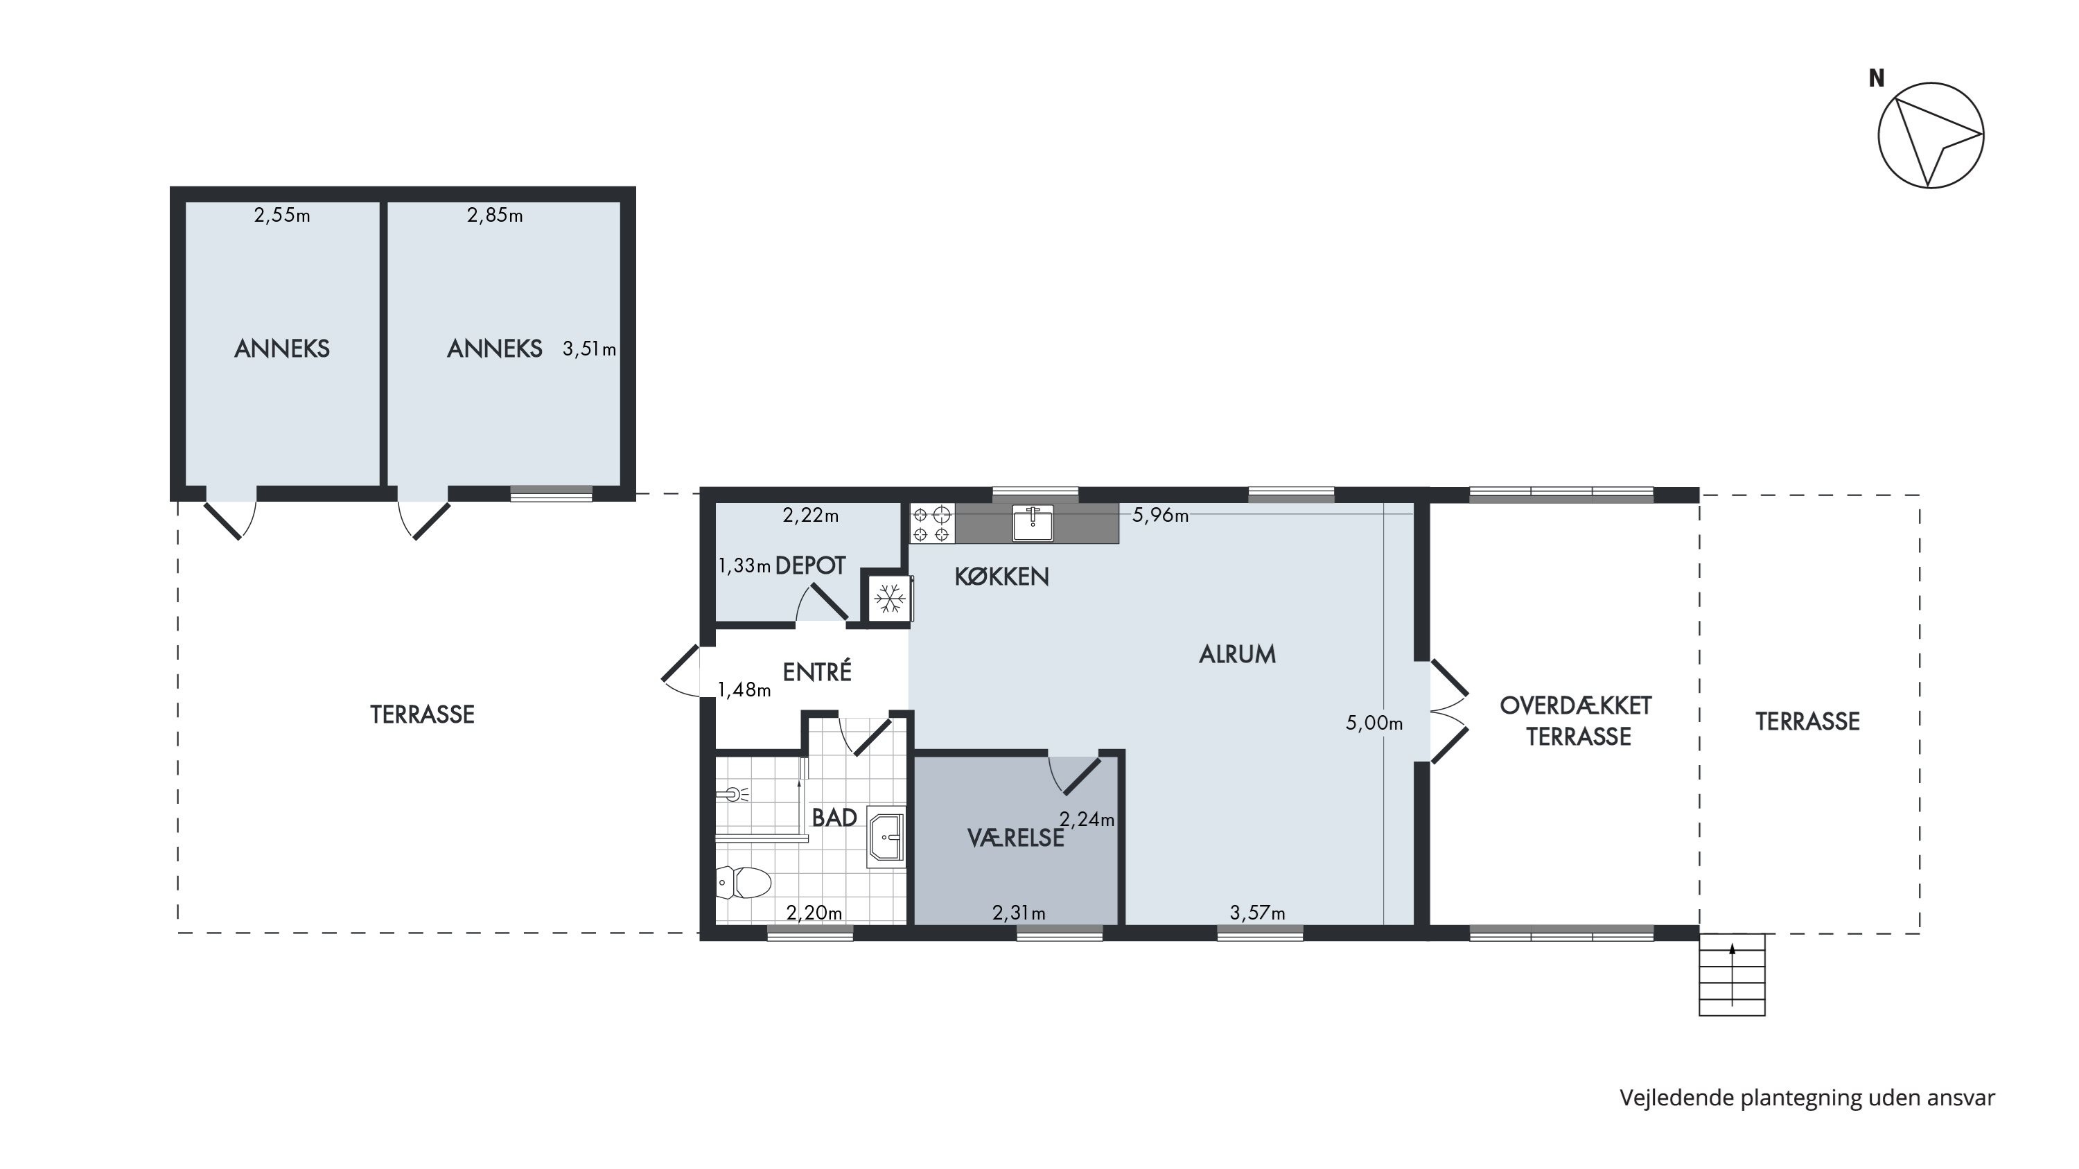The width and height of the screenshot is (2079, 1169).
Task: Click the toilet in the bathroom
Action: (744, 883)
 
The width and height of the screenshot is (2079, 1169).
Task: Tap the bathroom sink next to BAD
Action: (886, 836)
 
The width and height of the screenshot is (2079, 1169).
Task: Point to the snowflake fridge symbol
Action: (889, 599)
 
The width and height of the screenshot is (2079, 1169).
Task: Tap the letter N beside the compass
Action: (1877, 78)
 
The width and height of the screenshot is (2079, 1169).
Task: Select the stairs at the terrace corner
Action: (1732, 974)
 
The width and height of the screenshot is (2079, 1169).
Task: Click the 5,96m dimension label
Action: (1160, 516)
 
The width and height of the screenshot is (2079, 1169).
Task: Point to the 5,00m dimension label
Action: (1374, 723)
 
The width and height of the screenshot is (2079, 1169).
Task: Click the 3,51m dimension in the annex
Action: (589, 349)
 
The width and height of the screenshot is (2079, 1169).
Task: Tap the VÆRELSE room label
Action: (1016, 839)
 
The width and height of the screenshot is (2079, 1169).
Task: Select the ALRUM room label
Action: (1237, 654)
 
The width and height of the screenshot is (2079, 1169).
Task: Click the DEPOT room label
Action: (810, 566)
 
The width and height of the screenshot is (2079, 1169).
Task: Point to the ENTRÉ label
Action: (817, 671)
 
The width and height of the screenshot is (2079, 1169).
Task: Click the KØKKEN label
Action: (1001, 577)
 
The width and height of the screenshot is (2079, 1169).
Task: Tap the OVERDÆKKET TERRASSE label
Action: (1576, 721)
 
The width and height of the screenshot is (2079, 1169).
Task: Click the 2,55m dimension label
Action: (281, 216)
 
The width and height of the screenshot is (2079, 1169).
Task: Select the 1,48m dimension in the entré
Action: (744, 689)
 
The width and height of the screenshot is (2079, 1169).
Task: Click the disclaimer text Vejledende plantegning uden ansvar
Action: (1807, 1098)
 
